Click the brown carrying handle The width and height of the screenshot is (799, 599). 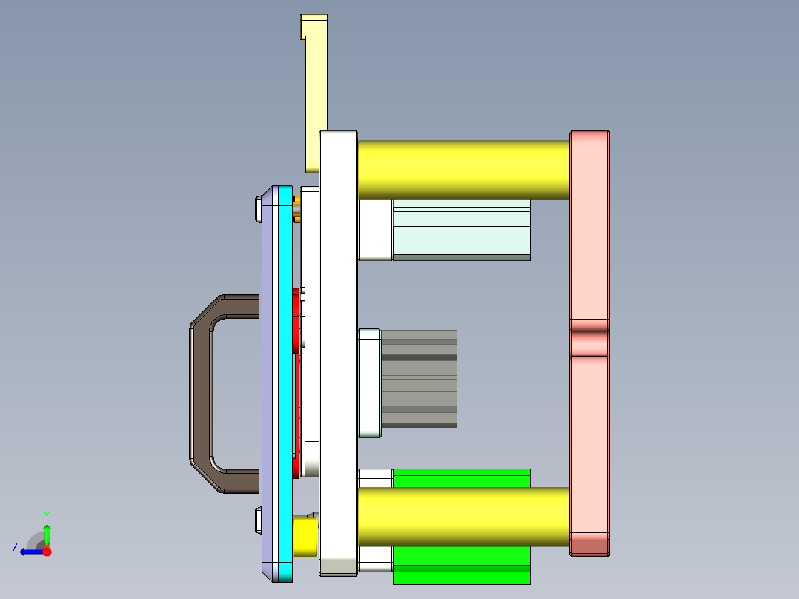coord(200,393)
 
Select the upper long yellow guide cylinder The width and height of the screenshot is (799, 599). coord(463,169)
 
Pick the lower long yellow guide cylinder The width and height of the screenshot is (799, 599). coord(463,517)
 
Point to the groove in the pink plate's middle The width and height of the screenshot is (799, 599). coord(589,342)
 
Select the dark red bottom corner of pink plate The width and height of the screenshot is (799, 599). coord(589,547)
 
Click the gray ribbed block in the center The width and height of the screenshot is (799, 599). coord(420,378)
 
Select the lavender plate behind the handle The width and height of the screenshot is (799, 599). coord(268,385)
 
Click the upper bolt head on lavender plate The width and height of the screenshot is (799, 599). coord(257,209)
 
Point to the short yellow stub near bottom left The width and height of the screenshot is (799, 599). coord(305,537)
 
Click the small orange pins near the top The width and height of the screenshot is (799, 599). coord(297,209)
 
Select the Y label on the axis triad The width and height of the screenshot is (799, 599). coord(46,514)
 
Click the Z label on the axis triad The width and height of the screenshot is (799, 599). coord(15,548)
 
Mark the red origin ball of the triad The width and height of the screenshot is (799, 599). coord(47,552)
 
